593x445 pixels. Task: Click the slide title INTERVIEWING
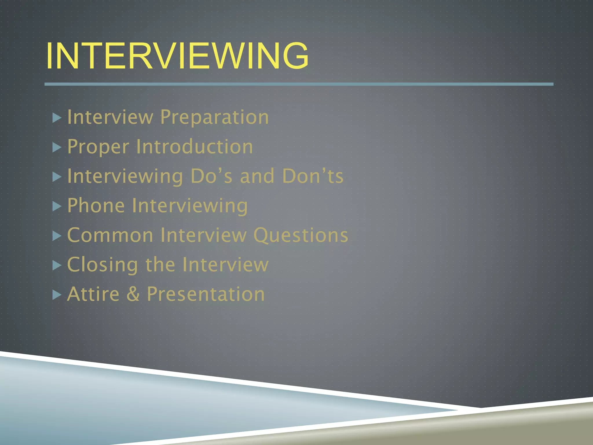click(177, 56)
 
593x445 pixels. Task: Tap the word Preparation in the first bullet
click(214, 117)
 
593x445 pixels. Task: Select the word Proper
click(98, 147)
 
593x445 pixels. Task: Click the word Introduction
click(195, 147)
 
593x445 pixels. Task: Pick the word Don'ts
click(313, 176)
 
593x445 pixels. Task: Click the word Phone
click(96, 206)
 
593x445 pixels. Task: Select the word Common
click(110, 235)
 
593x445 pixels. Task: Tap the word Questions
click(301, 235)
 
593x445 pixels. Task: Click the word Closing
click(103, 265)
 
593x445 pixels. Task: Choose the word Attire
click(93, 294)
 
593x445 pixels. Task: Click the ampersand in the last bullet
click(133, 294)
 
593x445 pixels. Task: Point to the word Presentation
click(206, 294)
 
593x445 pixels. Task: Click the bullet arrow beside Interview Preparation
click(57, 118)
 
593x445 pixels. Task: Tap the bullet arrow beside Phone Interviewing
click(57, 206)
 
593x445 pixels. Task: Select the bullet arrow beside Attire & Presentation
click(57, 295)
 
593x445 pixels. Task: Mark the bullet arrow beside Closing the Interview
click(57, 265)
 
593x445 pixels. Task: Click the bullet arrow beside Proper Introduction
click(57, 148)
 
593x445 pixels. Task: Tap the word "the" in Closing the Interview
click(160, 265)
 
